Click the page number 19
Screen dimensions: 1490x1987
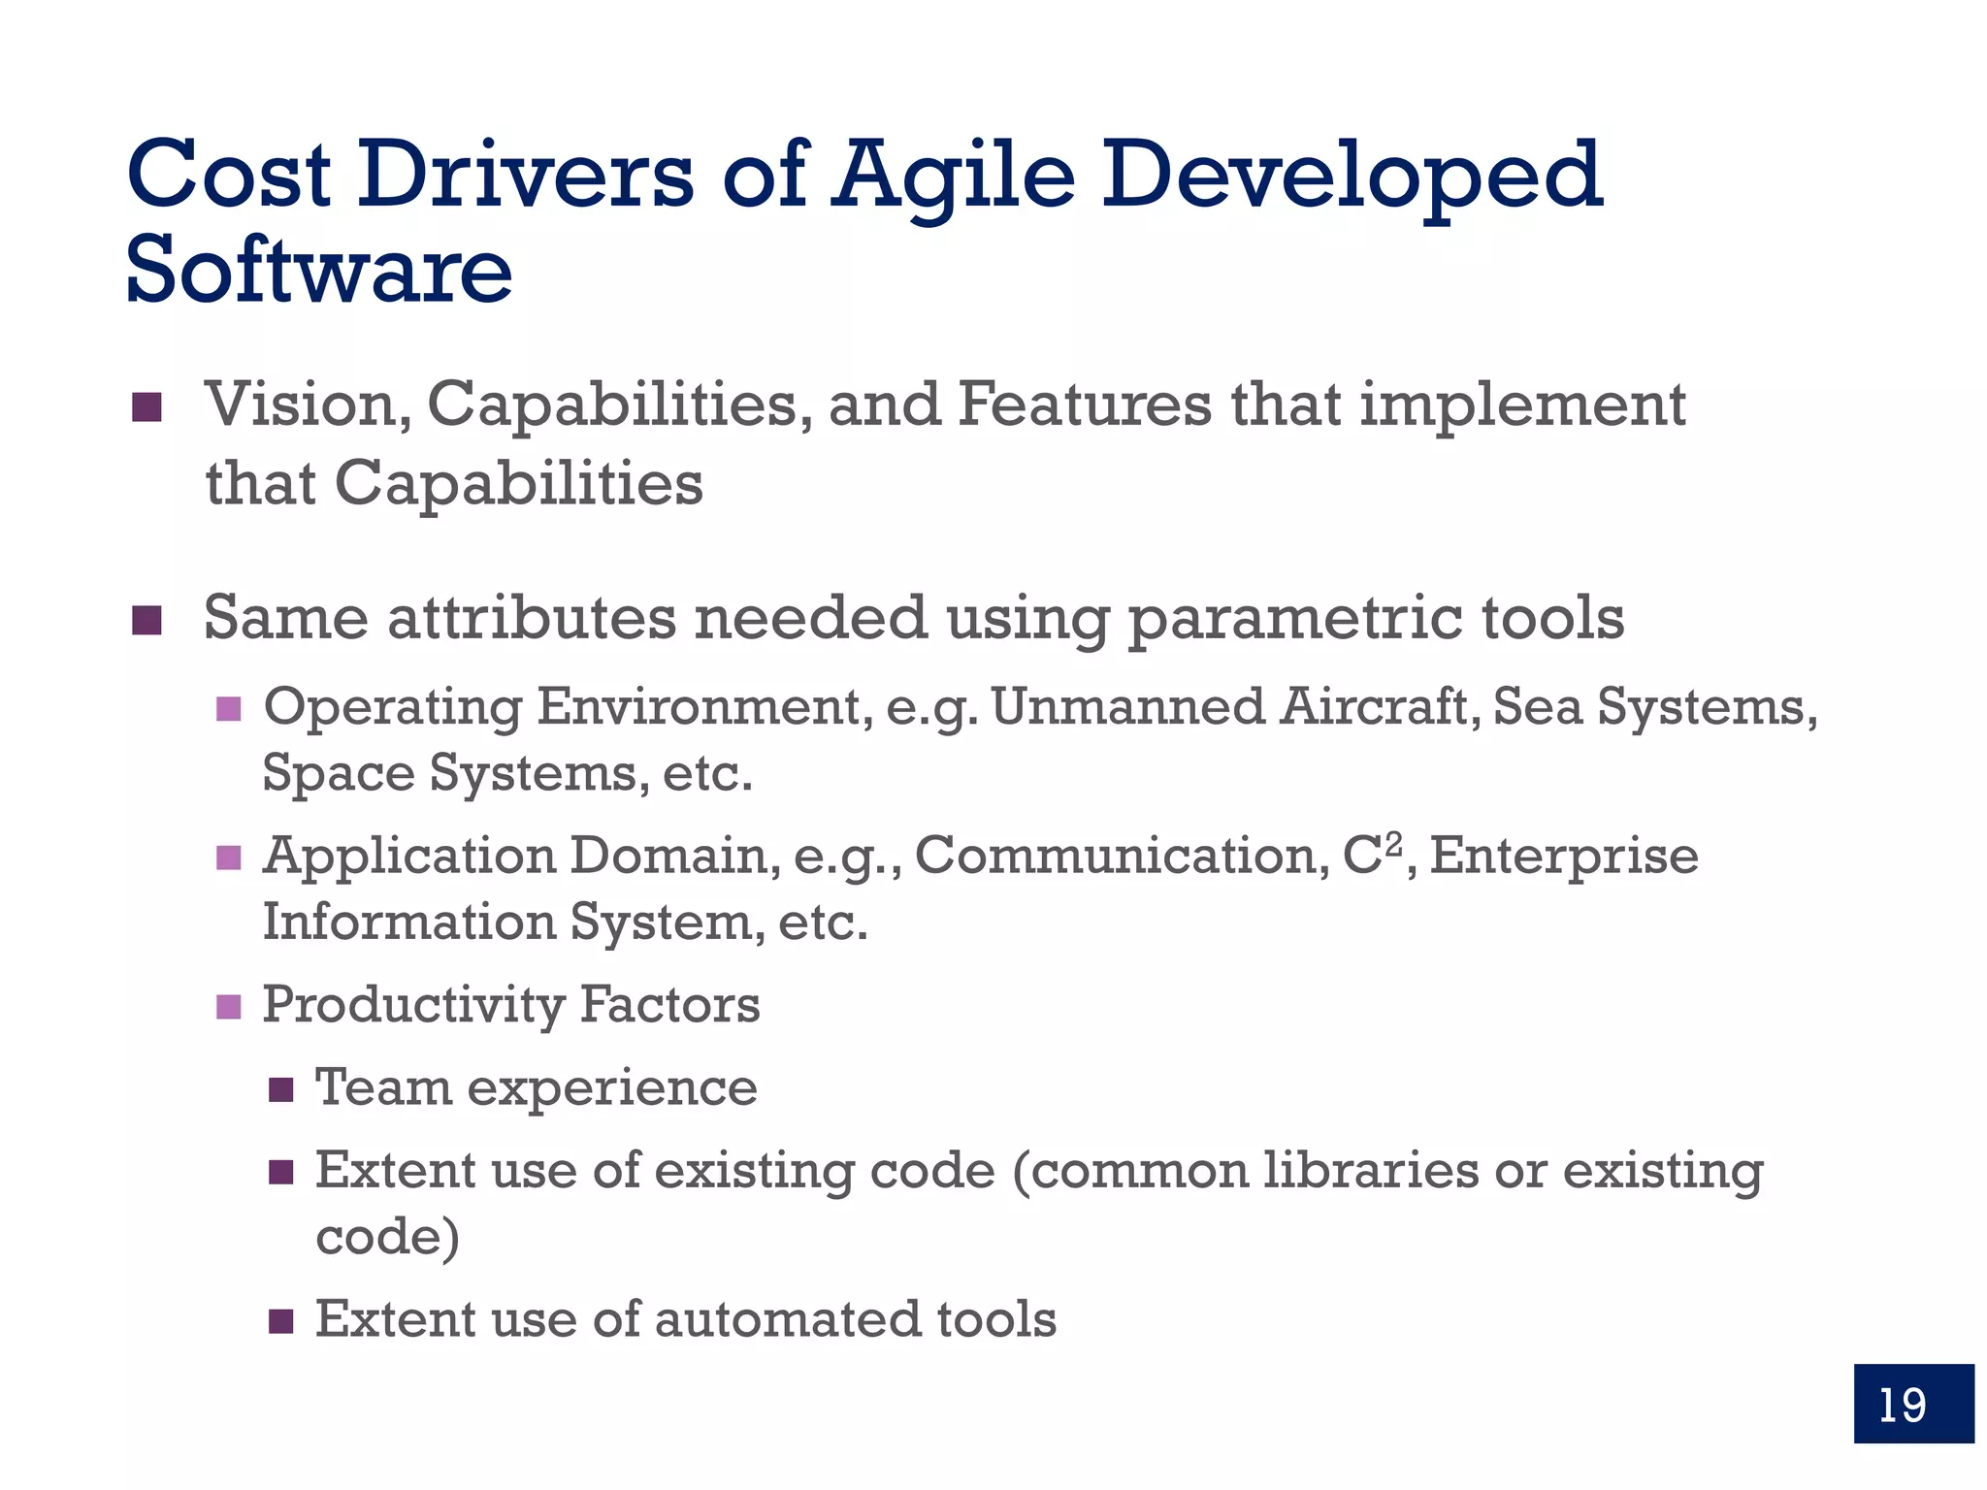pyautogui.click(x=1903, y=1405)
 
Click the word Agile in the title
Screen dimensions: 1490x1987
pyautogui.click(x=954, y=176)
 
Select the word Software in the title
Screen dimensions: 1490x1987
pyautogui.click(x=318, y=270)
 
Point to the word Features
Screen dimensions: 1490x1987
pyautogui.click(x=1084, y=405)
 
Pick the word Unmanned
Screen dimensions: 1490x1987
pyautogui.click(x=1127, y=707)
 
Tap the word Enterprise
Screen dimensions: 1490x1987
pyautogui.click(x=1564, y=857)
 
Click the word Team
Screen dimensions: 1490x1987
pyautogui.click(x=383, y=1087)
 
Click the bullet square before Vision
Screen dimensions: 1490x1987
pyautogui.click(x=147, y=407)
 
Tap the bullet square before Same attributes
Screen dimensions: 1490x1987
pyautogui.click(x=147, y=621)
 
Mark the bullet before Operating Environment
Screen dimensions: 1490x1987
pyautogui.click(x=228, y=709)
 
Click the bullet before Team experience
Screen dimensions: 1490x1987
pyautogui.click(x=280, y=1090)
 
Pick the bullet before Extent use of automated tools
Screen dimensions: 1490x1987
pyautogui.click(x=280, y=1321)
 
